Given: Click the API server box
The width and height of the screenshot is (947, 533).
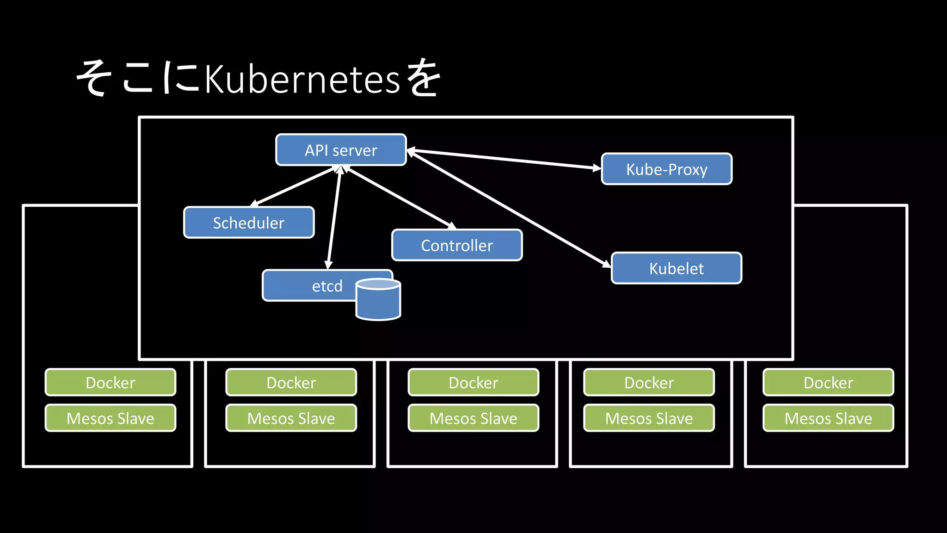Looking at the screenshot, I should (341, 150).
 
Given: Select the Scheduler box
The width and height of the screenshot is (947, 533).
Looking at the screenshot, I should (249, 223).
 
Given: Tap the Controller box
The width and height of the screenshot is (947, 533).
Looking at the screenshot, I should (457, 245).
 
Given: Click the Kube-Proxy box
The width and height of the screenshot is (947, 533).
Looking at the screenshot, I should (666, 169).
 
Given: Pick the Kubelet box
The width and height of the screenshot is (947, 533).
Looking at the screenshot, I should (676, 268).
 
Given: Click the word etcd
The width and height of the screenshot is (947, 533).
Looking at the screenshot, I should (327, 286).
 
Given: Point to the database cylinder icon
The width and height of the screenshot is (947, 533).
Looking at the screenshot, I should (378, 301).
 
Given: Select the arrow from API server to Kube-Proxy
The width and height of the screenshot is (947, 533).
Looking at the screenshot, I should (504, 159).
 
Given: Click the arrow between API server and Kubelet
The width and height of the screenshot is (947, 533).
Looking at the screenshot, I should (509, 208).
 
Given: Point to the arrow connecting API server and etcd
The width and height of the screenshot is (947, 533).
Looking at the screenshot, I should (334, 217).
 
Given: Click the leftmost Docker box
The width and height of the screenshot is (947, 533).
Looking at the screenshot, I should (110, 382).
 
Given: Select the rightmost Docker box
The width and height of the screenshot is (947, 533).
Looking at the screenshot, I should (828, 382).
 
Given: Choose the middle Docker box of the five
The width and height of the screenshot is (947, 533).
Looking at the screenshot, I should (473, 382).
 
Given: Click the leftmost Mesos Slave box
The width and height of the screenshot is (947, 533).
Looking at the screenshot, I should (110, 418).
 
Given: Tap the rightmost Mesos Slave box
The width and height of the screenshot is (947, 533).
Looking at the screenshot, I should (828, 418).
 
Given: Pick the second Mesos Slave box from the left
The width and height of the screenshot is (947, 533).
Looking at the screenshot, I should (291, 418).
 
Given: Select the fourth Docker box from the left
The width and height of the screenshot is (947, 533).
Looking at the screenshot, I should (649, 382).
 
